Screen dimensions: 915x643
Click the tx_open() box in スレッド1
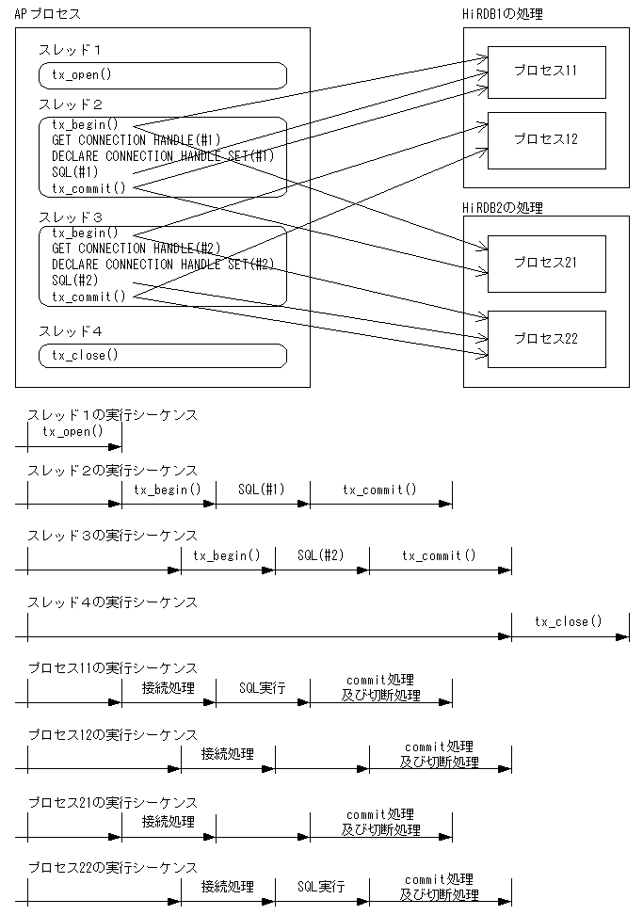coord(162,75)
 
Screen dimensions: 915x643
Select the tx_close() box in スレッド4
coord(162,355)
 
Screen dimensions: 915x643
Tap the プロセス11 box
coord(546,71)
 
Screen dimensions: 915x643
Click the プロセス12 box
coord(546,139)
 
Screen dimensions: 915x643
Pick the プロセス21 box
coord(546,263)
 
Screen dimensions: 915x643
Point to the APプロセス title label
coord(48,14)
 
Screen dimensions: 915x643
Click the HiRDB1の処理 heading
coord(503,14)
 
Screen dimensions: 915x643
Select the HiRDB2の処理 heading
coord(503,207)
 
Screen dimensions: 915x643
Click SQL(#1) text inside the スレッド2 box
coord(75,171)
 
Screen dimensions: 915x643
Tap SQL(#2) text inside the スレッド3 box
coord(75,281)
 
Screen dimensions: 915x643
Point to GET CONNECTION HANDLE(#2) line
coord(136,249)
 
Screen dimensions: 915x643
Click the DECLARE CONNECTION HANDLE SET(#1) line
coord(162,155)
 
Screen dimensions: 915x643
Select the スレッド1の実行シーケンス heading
coord(112,414)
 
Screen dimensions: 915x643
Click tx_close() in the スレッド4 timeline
coord(568,621)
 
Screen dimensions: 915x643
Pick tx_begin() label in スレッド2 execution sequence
coord(168,490)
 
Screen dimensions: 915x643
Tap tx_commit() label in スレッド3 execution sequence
coord(439,555)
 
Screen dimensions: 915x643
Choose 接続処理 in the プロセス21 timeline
coord(168,821)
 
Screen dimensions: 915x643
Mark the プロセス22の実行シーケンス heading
coord(112,867)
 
